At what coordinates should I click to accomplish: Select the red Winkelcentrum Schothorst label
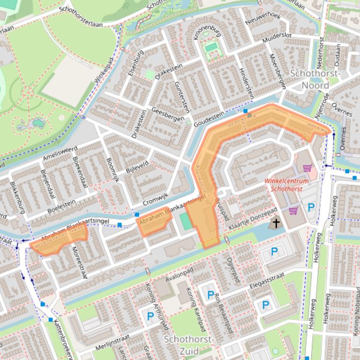coord(287,185)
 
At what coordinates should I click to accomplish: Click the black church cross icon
coord(276,223)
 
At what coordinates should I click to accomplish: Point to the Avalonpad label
coord(179,278)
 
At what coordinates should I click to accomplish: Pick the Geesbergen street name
coord(168,115)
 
